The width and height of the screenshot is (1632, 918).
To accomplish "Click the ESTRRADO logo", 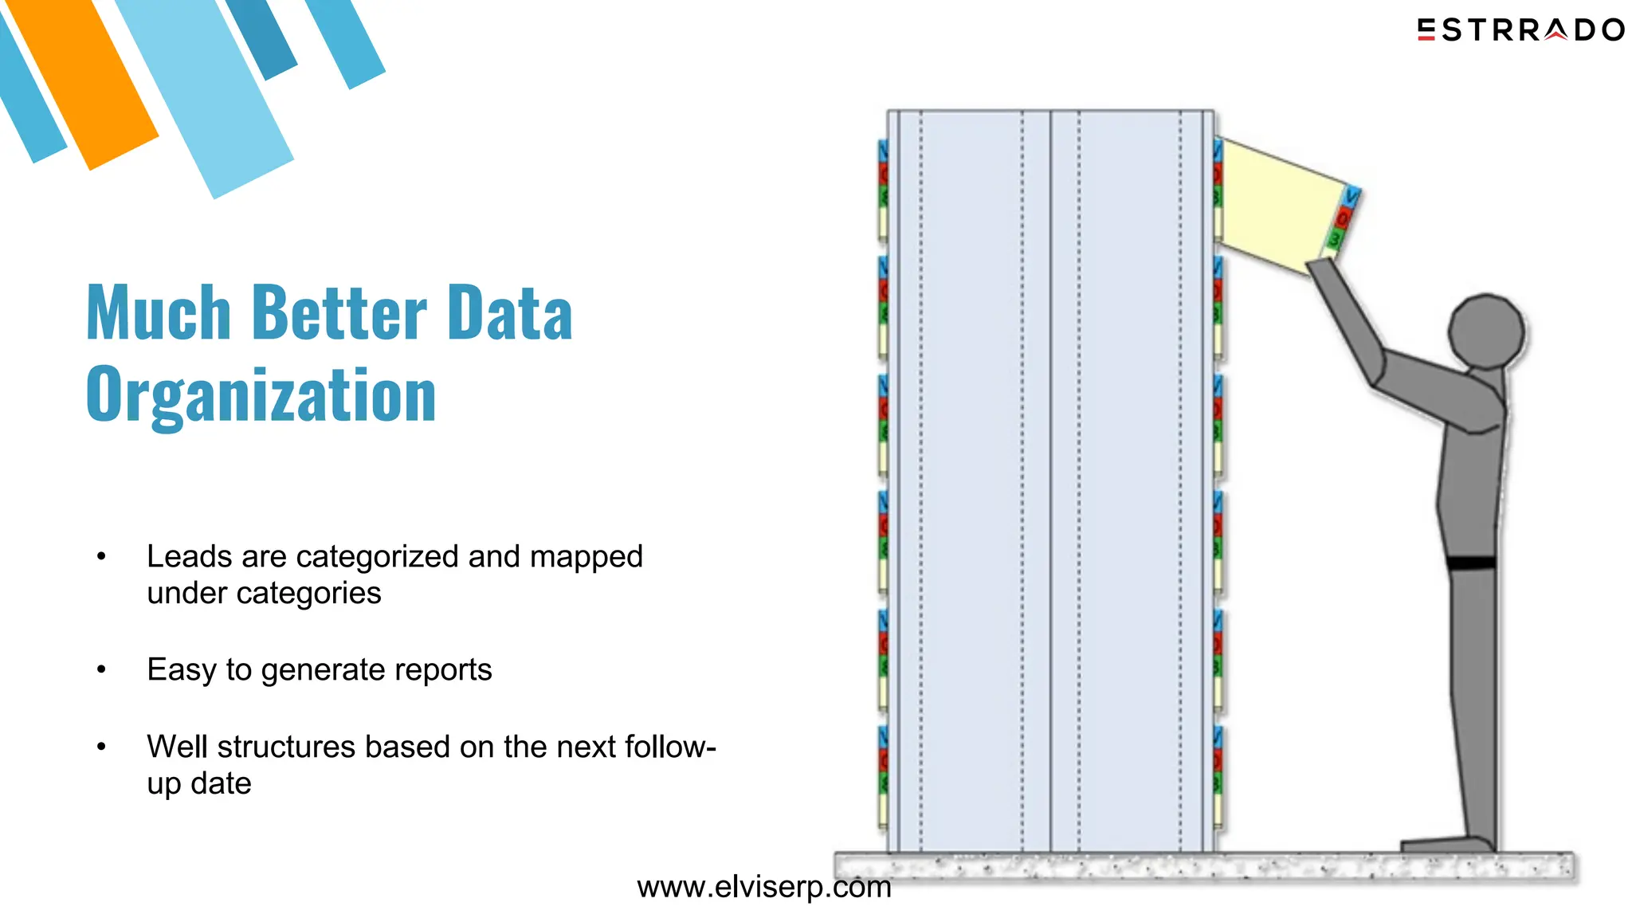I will point(1520,30).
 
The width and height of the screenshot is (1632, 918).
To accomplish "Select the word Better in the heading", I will point(339,313).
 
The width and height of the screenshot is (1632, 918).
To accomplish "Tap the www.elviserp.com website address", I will point(763,887).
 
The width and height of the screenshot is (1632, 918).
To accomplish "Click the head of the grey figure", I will point(1485,331).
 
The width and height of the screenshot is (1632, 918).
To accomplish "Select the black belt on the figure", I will point(1470,563).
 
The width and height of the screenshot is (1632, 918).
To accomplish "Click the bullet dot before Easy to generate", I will point(101,670).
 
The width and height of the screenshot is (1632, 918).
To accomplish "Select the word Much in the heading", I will point(158,313).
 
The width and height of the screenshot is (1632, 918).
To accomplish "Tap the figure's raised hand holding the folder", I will point(1323,271).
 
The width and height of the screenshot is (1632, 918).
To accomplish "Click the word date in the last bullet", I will point(221,784).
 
